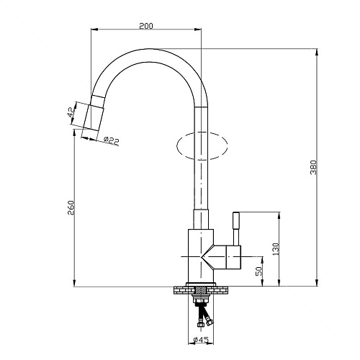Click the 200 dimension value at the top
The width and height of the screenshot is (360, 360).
[x=146, y=26]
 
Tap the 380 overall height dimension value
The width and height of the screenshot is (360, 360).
[x=313, y=167]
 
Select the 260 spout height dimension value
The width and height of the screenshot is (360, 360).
[x=71, y=207]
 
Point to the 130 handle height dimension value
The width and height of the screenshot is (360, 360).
[x=276, y=249]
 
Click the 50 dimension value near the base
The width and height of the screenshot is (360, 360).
[x=259, y=271]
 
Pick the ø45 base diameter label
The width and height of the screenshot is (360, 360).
[x=201, y=340]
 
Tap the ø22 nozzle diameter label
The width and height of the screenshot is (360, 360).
[x=111, y=140]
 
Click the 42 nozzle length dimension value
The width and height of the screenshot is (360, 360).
[x=71, y=112]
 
